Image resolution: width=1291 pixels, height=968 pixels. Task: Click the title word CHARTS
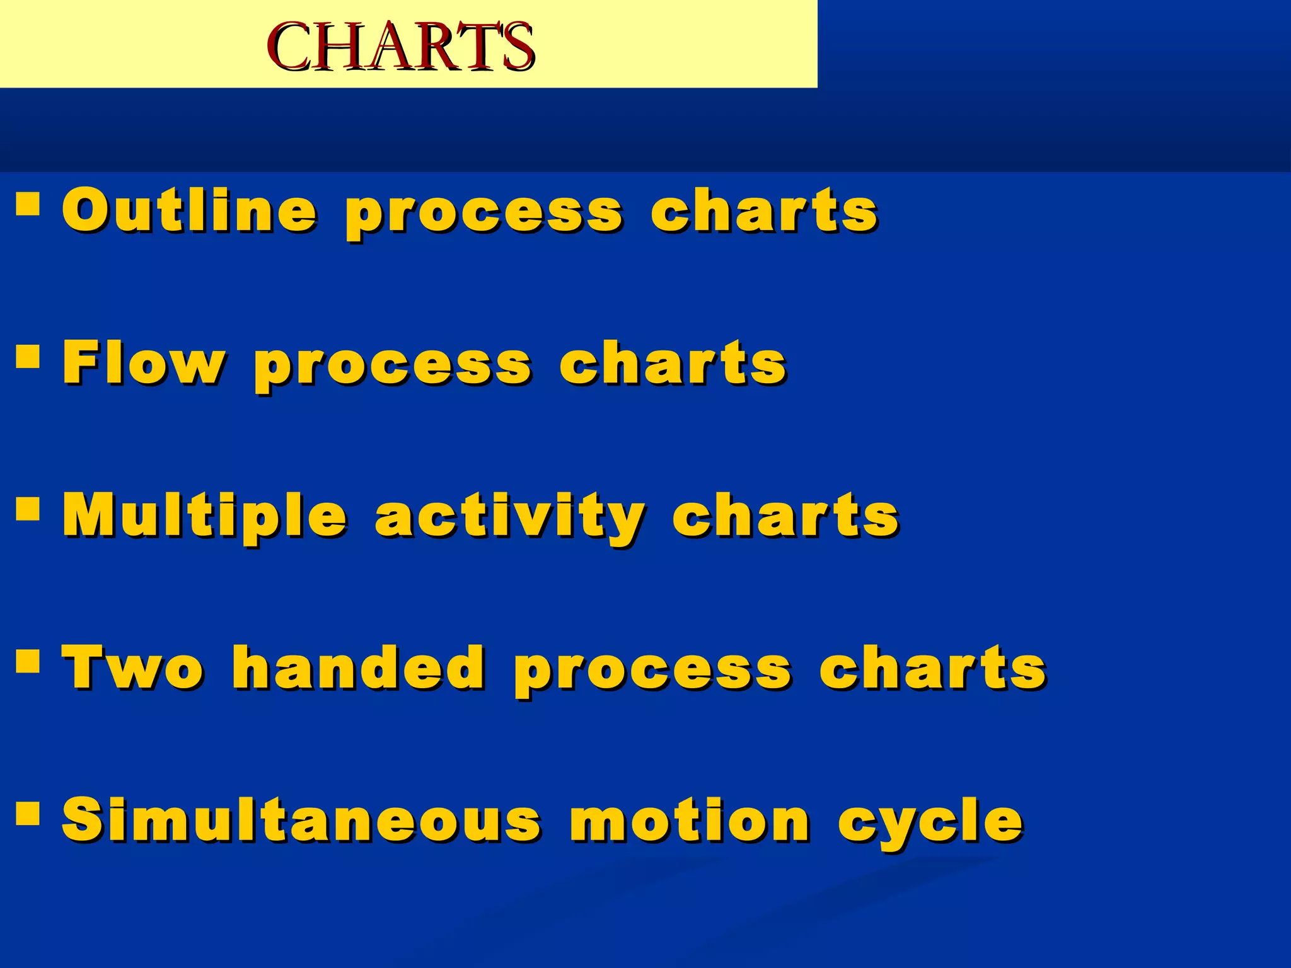point(400,47)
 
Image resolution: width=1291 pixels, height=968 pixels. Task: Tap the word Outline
point(189,210)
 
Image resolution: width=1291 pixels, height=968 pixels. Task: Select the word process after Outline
point(484,214)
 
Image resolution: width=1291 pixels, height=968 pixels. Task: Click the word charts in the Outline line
point(764,210)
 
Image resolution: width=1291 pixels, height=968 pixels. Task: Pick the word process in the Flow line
point(393,367)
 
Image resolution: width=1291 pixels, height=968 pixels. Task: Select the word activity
point(510,518)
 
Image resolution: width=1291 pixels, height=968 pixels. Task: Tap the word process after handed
point(652,672)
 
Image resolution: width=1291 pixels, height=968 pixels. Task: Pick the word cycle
point(930,822)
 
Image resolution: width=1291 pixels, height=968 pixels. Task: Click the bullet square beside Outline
point(28,204)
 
